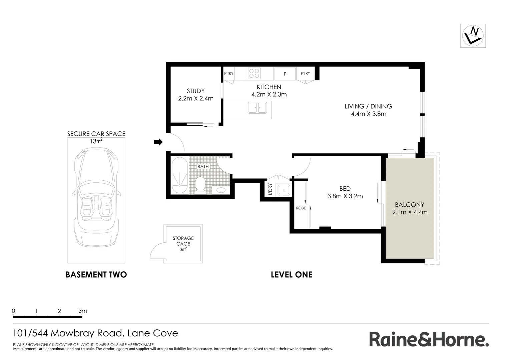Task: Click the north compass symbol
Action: coord(473,36)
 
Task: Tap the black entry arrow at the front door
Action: coord(158,142)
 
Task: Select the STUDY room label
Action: coord(196,91)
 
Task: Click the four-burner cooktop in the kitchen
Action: coord(254,73)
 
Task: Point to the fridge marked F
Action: coord(285,74)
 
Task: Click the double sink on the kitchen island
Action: coord(257,107)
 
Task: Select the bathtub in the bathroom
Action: coord(179,176)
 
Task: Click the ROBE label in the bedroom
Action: coord(301,208)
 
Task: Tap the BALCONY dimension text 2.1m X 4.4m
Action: coord(410,212)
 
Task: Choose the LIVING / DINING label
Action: coord(368,106)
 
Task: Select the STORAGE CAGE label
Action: coord(183,241)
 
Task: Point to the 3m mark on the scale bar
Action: coord(82,311)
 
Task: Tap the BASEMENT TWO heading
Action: coord(96,275)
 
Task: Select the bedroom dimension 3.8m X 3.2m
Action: coord(345,196)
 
